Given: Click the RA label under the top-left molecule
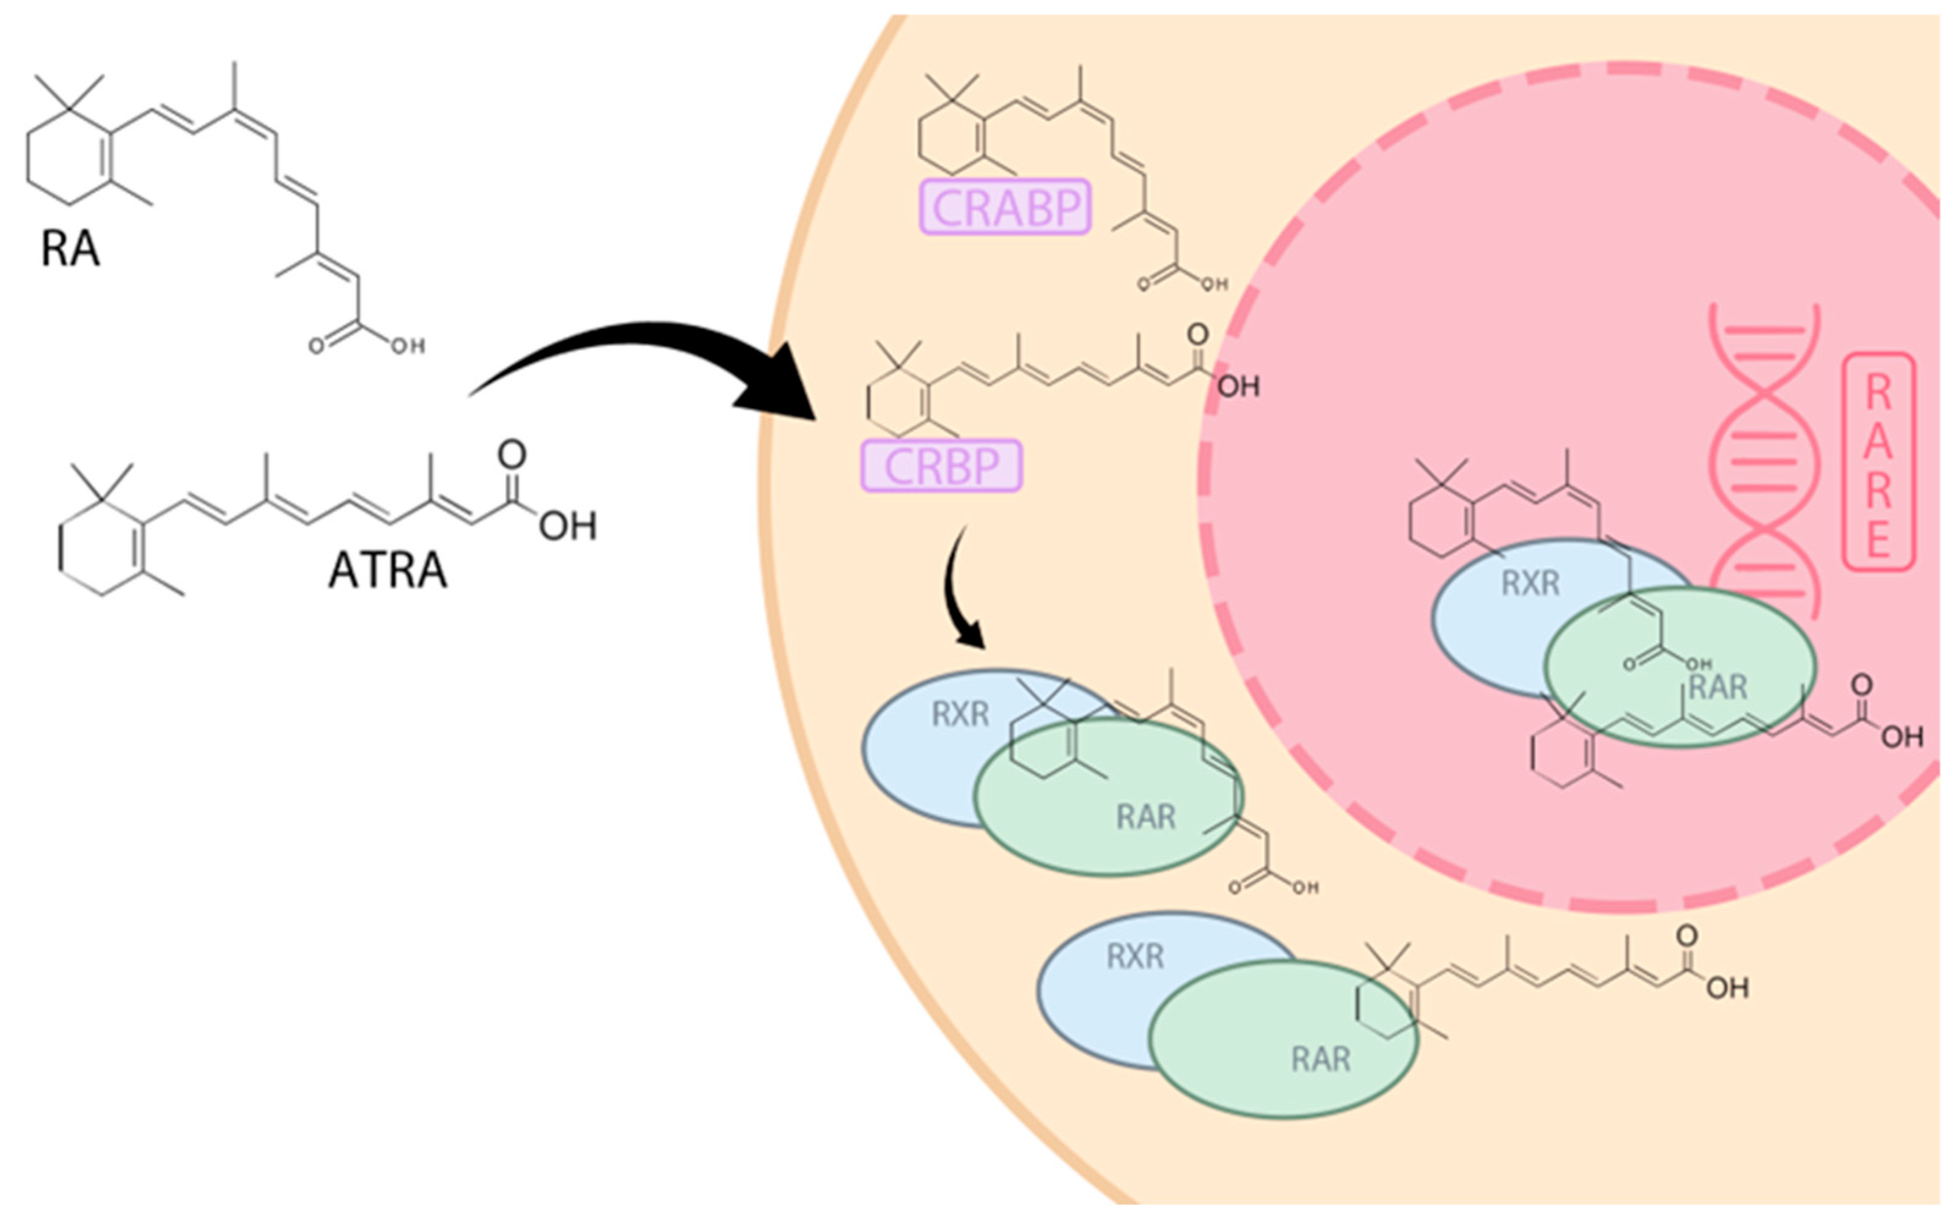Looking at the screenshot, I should [70, 248].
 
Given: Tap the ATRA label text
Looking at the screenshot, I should [387, 571].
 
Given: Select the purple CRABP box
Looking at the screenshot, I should [1006, 207].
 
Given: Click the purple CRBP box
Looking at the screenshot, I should [941, 466].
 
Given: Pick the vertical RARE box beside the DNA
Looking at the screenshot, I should [1878, 461].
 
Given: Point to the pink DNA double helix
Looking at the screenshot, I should [1765, 461].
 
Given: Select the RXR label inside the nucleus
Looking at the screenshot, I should [1530, 583].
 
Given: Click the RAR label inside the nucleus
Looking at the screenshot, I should [1718, 687].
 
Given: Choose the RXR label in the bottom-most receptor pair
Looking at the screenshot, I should [1135, 957].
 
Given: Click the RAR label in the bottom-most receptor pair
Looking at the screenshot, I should [1321, 1059].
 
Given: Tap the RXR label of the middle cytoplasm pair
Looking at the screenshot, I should [960, 714].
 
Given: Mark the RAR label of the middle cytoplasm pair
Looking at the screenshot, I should [1145, 817].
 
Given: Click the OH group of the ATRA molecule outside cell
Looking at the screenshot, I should [567, 527].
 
